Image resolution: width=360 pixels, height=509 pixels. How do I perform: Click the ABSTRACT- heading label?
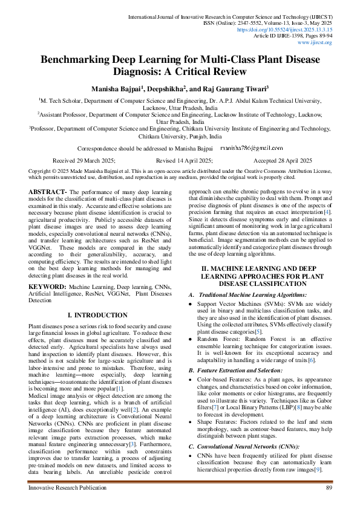(x=48, y=192)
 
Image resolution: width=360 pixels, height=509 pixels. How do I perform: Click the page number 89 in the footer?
(x=329, y=487)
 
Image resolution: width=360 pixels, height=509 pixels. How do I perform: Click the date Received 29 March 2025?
(x=85, y=160)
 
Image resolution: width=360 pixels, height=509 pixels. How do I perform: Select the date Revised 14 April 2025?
(x=184, y=160)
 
